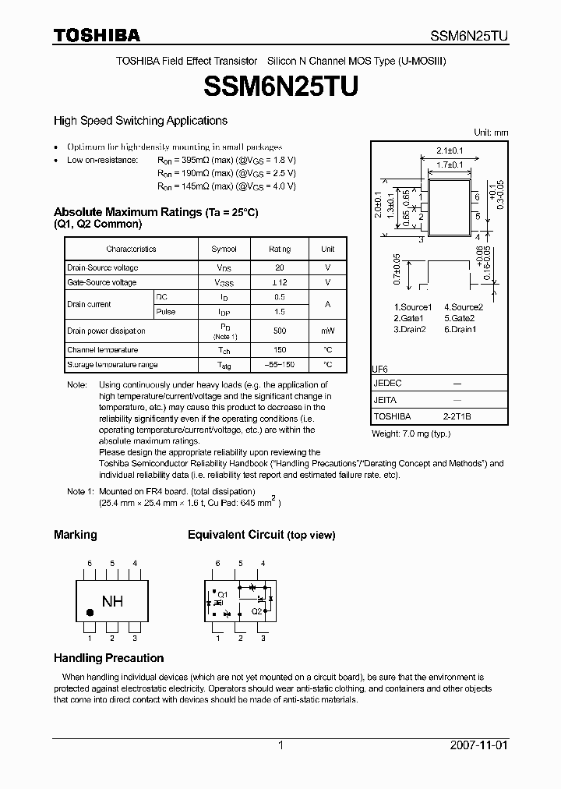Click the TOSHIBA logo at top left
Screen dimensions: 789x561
tap(97, 35)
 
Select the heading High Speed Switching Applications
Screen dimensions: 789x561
tap(140, 121)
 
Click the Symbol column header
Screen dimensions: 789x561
tap(224, 249)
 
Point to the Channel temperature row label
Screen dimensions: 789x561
tap(102, 350)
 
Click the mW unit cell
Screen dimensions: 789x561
tap(327, 331)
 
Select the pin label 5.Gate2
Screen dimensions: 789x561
tap(459, 318)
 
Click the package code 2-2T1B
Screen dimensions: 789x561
tap(457, 416)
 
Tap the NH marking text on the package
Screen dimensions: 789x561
tap(112, 602)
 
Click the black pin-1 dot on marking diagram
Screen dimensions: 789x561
tap(90, 614)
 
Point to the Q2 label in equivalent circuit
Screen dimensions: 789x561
tap(256, 610)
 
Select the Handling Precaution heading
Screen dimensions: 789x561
tap(108, 658)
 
